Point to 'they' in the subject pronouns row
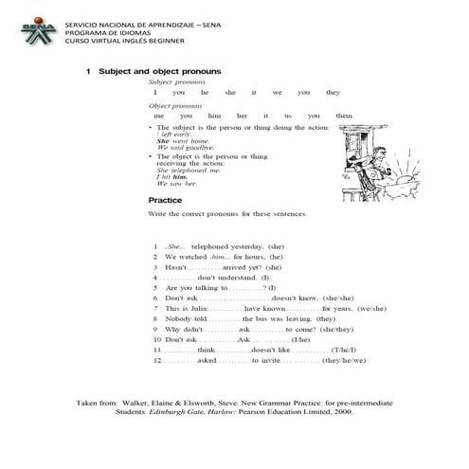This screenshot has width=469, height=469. click(x=333, y=93)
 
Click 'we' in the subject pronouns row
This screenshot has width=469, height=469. click(x=278, y=93)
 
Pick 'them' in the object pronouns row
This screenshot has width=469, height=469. click(x=344, y=116)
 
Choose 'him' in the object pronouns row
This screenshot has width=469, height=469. click(x=213, y=116)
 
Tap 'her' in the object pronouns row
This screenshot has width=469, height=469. click(x=243, y=116)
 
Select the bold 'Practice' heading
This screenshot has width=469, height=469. click(x=166, y=201)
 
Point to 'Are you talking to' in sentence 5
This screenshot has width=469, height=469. click(x=195, y=287)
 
